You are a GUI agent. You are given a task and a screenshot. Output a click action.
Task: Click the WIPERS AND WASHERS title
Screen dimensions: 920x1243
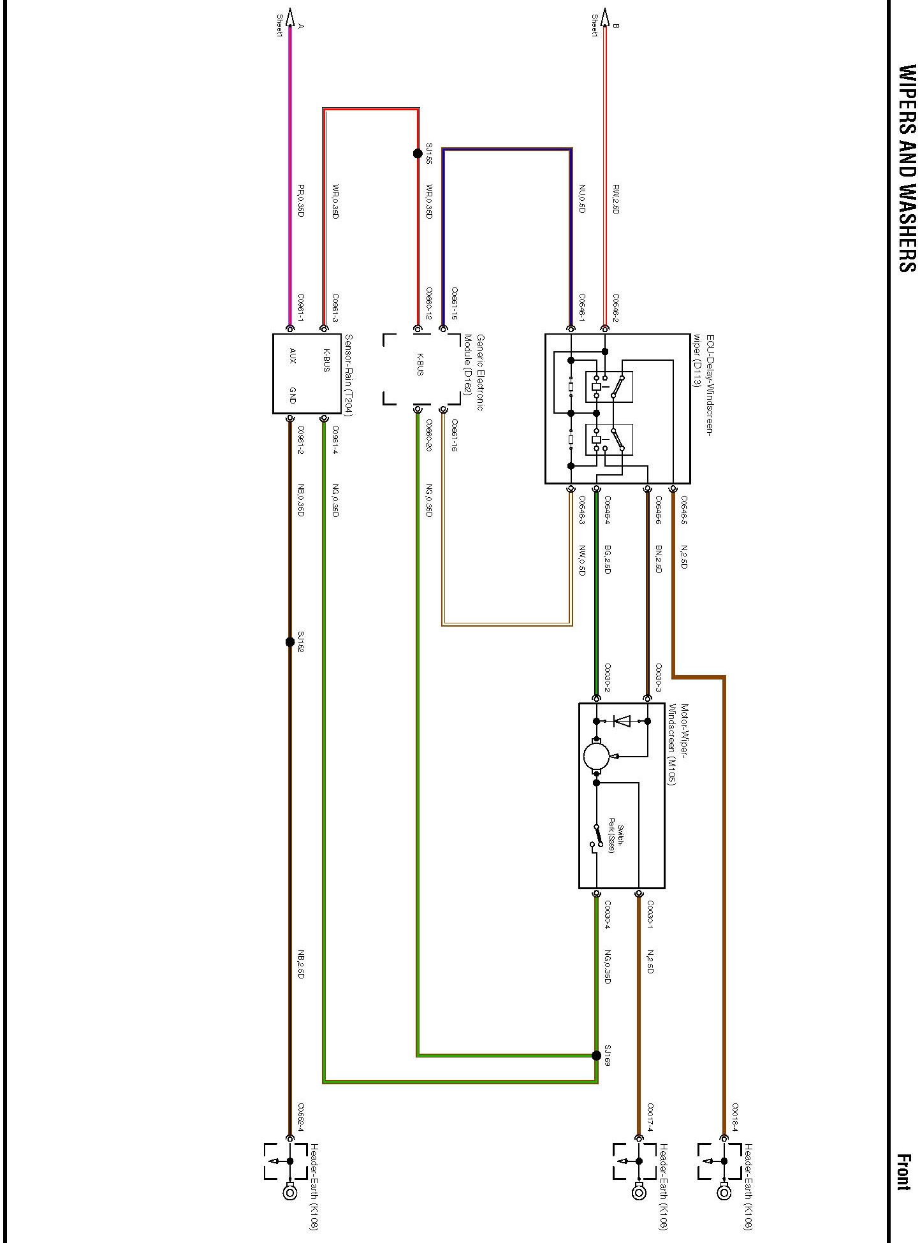[907, 168]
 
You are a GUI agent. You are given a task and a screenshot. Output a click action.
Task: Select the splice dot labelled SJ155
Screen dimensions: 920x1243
[418, 154]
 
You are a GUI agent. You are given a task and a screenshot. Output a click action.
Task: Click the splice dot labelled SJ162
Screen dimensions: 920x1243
[290, 642]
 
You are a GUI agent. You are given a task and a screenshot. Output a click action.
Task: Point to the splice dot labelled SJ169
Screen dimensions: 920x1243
[596, 1056]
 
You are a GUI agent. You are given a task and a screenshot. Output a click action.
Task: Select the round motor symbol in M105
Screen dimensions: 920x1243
[597, 756]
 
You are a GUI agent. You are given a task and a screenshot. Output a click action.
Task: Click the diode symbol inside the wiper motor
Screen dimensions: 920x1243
[622, 721]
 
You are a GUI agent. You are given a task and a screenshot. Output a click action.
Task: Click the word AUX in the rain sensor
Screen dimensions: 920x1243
[293, 355]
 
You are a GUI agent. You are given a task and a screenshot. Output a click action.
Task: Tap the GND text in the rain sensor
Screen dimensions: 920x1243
[293, 395]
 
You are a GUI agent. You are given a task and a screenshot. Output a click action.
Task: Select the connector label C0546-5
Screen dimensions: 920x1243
[684, 509]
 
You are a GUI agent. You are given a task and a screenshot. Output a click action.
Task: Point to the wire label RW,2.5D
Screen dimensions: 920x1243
[616, 199]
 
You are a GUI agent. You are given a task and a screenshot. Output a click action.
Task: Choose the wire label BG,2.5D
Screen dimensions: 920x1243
[607, 559]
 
